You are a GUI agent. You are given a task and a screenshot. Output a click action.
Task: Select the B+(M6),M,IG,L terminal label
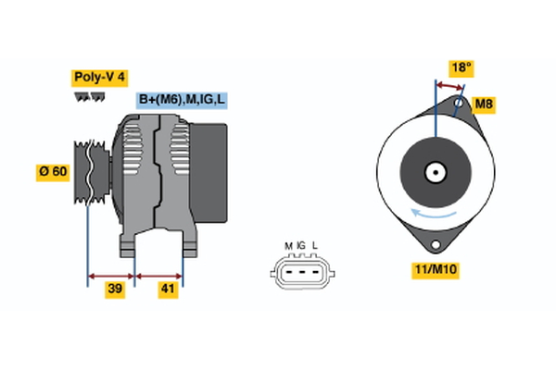pyautogui.click(x=182, y=100)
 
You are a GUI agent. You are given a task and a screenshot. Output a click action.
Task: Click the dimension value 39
pyautogui.click(x=115, y=289)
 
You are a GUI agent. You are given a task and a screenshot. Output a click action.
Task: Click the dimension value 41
pyautogui.click(x=168, y=289)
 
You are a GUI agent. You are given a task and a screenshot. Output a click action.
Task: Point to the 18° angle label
pyautogui.click(x=461, y=67)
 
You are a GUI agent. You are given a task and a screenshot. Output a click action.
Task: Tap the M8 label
pyautogui.click(x=483, y=104)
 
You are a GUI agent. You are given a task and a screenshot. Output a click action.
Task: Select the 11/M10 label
pyautogui.click(x=436, y=270)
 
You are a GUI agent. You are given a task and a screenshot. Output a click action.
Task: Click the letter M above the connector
pyautogui.click(x=288, y=245)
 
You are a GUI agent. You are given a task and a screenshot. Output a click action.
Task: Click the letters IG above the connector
pyautogui.click(x=301, y=245)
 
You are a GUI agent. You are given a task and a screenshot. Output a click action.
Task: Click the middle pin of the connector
pyautogui.click(x=301, y=272)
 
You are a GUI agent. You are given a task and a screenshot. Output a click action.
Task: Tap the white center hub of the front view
pyautogui.click(x=434, y=172)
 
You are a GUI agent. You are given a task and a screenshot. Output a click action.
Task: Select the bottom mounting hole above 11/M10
pyautogui.click(x=434, y=243)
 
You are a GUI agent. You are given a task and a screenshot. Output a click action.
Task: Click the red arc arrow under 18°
pyautogui.click(x=450, y=85)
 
